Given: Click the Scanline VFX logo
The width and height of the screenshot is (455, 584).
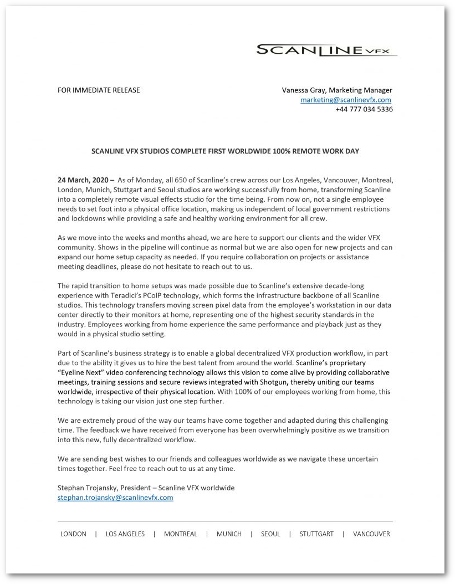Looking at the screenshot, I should (326, 50).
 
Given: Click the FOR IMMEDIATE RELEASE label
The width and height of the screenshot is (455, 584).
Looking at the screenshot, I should (99, 90).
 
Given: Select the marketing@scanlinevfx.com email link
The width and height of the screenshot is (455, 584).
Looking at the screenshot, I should (346, 100).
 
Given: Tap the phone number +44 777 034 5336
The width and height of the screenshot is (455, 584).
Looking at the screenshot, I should (364, 109).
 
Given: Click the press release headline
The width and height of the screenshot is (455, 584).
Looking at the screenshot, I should (225, 151).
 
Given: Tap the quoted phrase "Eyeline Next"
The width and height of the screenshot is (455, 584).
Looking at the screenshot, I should (84, 372).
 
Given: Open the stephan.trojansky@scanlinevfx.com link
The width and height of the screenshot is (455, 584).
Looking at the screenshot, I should (115, 498).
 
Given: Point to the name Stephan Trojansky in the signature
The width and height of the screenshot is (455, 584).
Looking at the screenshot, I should (88, 488).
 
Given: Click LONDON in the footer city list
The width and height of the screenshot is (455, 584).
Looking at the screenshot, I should (73, 534).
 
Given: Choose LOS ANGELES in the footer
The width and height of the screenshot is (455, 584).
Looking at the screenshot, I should (125, 534).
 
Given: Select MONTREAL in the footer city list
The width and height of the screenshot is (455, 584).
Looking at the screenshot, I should (181, 534).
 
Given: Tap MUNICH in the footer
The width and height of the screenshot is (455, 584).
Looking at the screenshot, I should (229, 534).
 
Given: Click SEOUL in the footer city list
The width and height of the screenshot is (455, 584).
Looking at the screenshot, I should (270, 534).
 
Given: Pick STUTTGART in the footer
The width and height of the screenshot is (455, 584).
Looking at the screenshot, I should (316, 534).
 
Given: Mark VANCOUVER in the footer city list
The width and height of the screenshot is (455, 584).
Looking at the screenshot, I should (371, 534).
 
